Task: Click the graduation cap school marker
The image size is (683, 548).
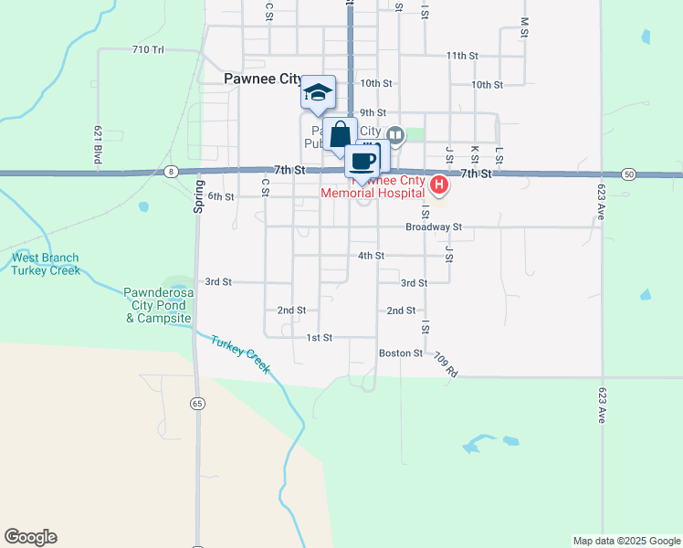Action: (318, 92)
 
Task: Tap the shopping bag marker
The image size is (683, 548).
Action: (340, 135)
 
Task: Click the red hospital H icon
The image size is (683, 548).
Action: (439, 186)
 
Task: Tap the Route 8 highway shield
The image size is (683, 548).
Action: (171, 172)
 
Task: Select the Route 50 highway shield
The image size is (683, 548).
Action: (628, 174)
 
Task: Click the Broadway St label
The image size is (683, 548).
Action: (435, 227)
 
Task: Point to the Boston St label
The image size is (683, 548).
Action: (401, 353)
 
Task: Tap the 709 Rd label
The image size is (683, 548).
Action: (445, 364)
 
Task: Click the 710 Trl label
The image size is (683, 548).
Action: (147, 49)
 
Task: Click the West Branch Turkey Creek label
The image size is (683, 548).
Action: (46, 264)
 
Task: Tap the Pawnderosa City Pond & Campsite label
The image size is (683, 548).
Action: (159, 305)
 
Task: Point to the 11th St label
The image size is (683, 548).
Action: (463, 56)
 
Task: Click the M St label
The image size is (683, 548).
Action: (524, 26)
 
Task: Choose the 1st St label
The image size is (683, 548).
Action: (319, 338)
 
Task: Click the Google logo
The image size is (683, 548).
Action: (30, 537)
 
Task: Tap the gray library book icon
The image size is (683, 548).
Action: (395, 135)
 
